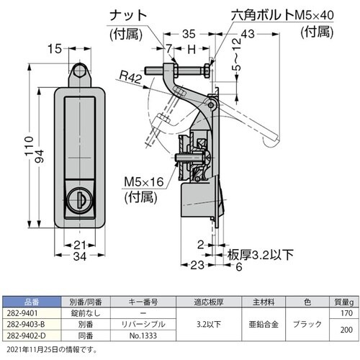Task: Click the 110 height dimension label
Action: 29,146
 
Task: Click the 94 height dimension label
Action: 39,156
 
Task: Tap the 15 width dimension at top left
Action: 55,49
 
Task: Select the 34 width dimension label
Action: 80,256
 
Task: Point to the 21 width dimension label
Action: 80,246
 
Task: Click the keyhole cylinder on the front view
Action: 79,200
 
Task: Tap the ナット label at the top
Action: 128,16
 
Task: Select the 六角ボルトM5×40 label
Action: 282,15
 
